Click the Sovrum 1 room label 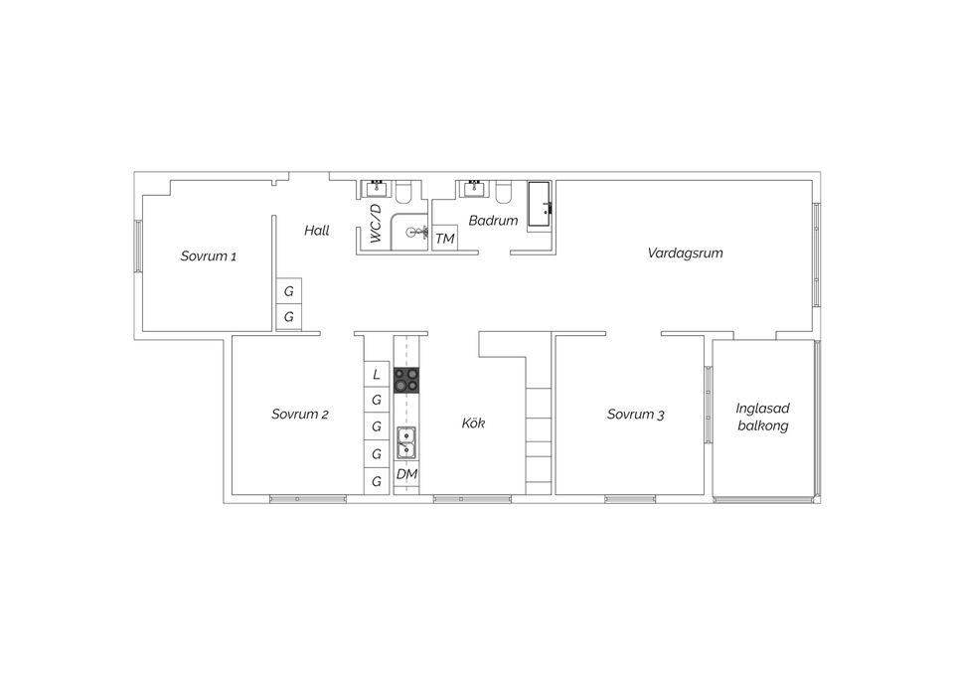coord(208,256)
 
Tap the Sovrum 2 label coord(299,415)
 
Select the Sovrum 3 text coord(635,415)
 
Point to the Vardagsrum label coord(685,253)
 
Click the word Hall coord(316,231)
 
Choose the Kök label coord(473,423)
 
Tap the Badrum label coord(493,221)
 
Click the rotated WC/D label coord(376,225)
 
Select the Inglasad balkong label coord(762,417)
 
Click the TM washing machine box coord(444,240)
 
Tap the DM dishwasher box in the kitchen coord(406,476)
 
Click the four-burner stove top coord(406,379)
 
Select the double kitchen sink coord(406,442)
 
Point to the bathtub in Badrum coord(541,204)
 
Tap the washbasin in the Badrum coord(474,188)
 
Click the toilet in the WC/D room coord(406,190)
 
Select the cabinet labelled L coord(377,375)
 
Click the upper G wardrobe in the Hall coord(289,292)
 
